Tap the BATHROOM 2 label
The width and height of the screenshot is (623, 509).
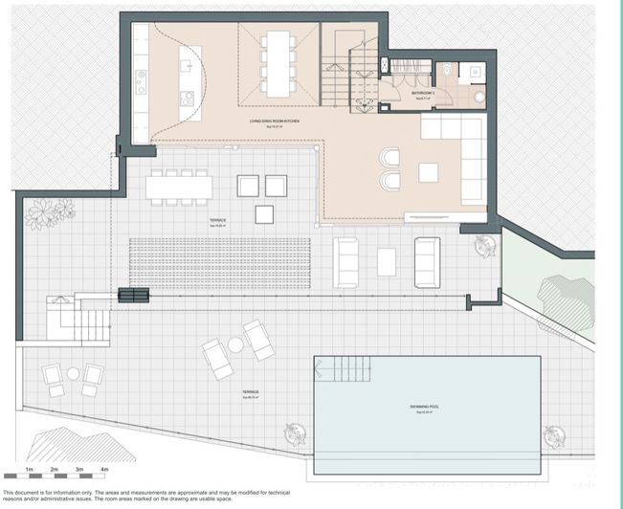423,93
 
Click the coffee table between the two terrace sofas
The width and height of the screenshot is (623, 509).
387,260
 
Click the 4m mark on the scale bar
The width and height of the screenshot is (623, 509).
104,470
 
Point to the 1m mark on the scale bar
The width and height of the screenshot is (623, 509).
30,470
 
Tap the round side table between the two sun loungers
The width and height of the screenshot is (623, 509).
235,344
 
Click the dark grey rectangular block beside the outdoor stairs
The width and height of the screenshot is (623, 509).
133,296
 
